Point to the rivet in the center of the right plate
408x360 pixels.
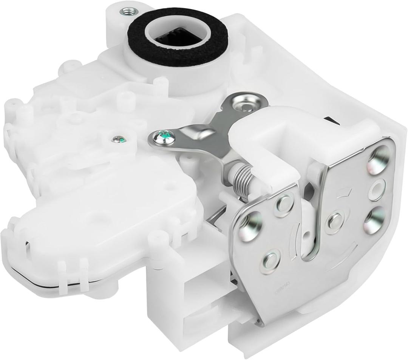(334, 221)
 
